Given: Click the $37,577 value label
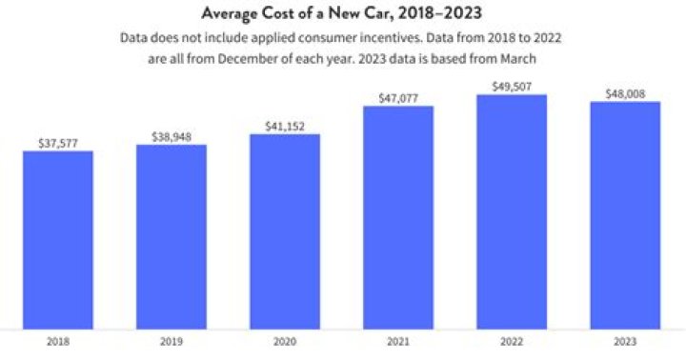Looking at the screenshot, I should coord(58,143).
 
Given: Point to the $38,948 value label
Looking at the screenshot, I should coord(171,136).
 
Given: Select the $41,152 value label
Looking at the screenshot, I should coord(285,126).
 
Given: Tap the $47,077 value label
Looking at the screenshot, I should coord(398,97).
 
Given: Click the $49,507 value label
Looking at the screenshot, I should coord(512,86).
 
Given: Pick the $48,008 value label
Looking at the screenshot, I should coord(625,93).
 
